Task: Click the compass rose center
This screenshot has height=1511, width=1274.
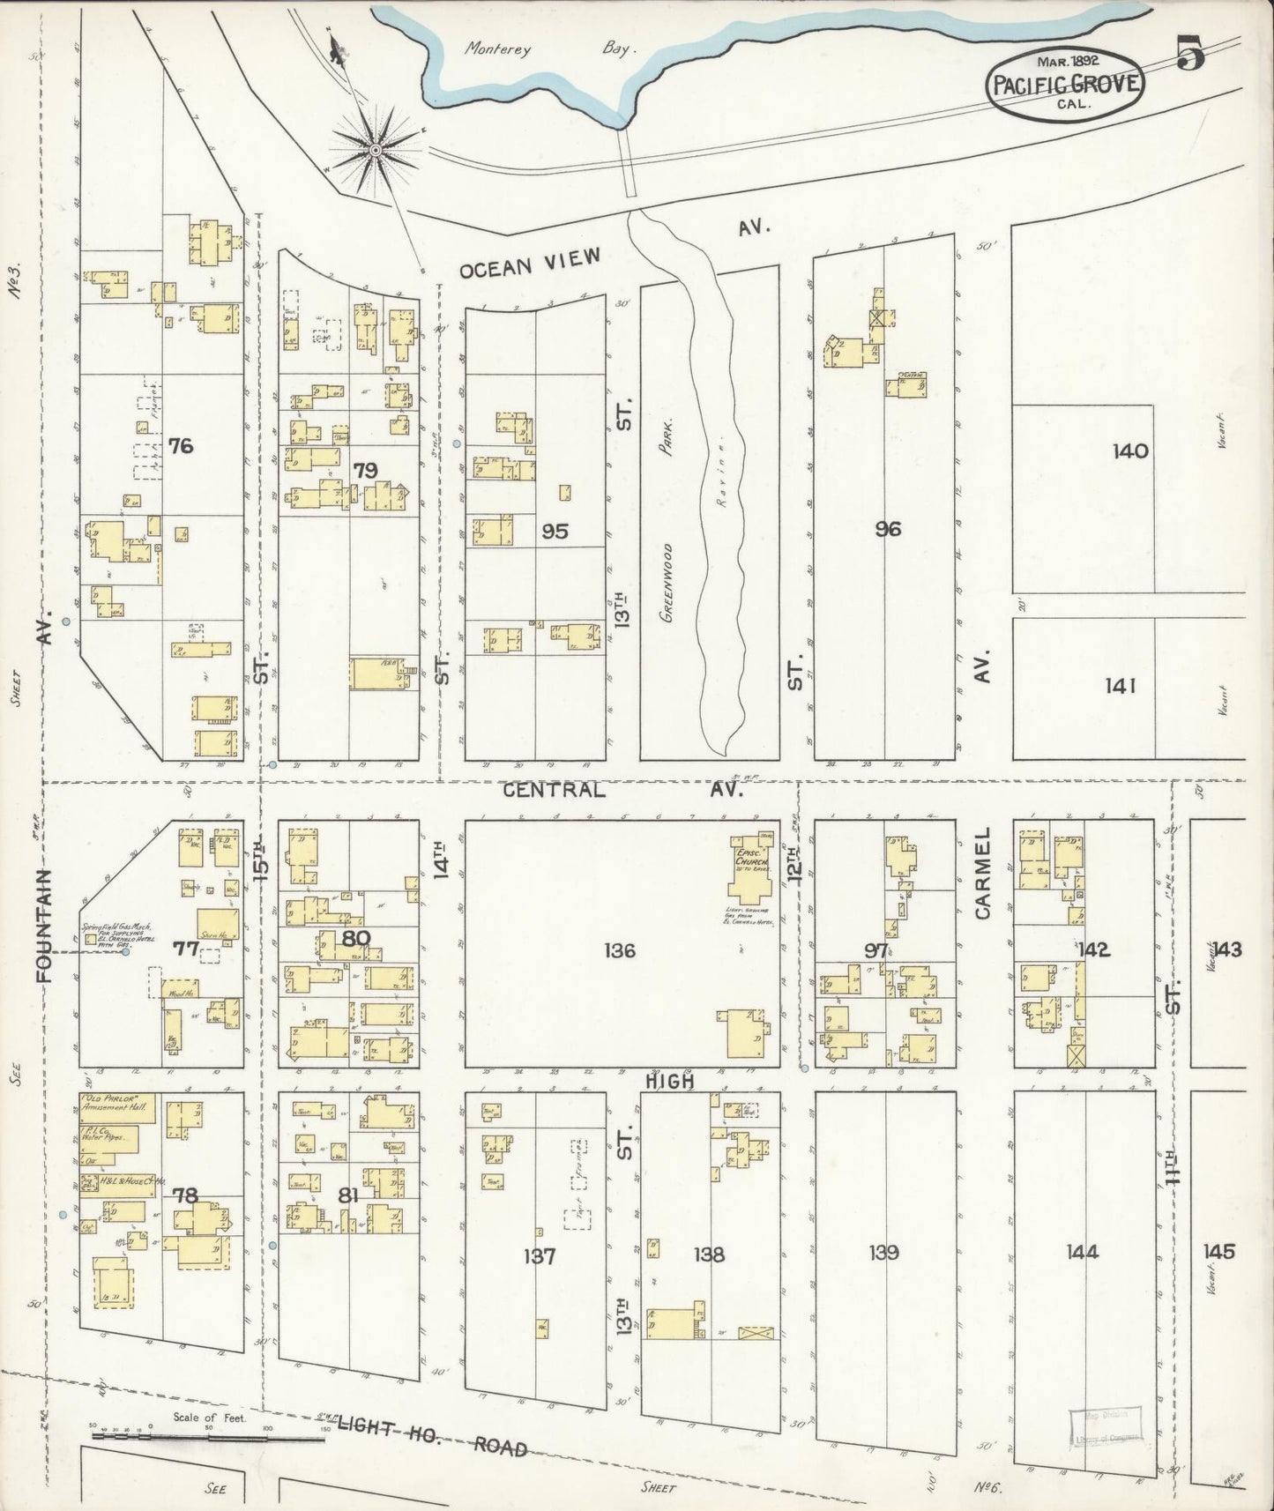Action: click(376, 151)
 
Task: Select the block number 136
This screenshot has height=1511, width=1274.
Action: click(620, 950)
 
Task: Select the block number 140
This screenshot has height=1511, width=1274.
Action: click(1130, 451)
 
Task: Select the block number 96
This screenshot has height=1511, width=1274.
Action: click(888, 530)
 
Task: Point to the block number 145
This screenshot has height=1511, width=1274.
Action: click(1218, 1252)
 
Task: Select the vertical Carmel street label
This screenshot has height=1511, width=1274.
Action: click(983, 873)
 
